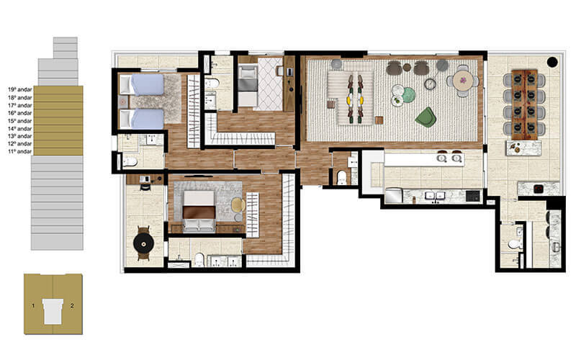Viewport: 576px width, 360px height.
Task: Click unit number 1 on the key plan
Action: click(33, 306)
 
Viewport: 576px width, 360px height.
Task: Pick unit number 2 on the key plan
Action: click(71, 306)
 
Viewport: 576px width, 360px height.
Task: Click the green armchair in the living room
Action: click(426, 117)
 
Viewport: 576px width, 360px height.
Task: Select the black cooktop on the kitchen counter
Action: click(472, 195)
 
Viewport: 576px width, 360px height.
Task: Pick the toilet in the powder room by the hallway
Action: click(342, 176)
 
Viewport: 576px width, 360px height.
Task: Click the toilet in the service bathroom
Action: click(513, 245)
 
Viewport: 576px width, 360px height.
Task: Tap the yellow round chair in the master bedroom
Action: click(238, 205)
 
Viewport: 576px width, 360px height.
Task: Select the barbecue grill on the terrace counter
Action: click(536, 189)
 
